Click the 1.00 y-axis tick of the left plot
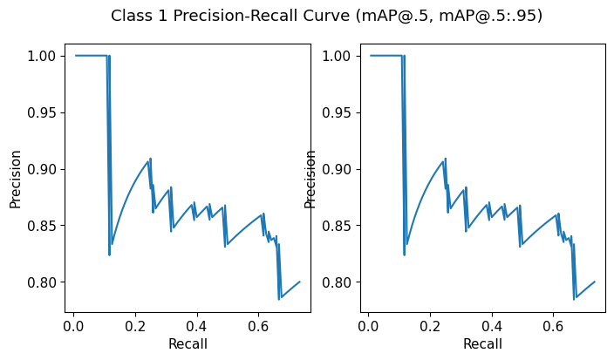[x=44, y=56]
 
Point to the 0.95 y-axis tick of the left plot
[x=44, y=112]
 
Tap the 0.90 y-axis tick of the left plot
[x=44, y=169]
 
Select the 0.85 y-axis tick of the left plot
[x=44, y=226]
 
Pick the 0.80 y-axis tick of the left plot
[x=44, y=282]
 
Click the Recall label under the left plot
[x=188, y=343]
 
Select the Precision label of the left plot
[x=15, y=179]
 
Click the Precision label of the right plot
[x=310, y=179]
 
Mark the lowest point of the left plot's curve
[x=279, y=299]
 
